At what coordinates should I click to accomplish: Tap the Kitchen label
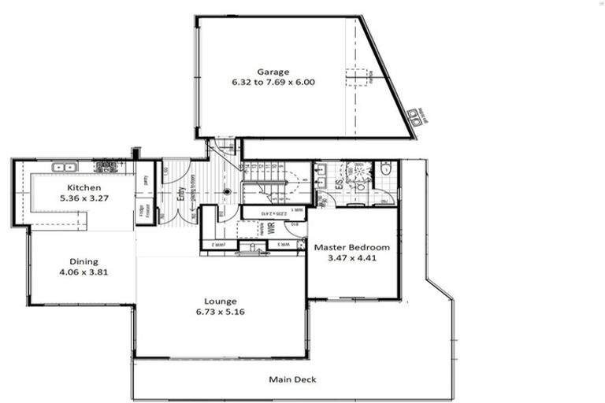(84, 187)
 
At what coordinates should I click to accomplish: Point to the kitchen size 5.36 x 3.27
(84, 198)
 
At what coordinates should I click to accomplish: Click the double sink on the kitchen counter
(64, 167)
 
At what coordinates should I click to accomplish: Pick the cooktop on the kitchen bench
(105, 167)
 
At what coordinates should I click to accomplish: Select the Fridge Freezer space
(144, 212)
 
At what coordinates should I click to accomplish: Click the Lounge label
(220, 301)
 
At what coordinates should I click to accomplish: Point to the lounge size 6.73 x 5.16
(220, 312)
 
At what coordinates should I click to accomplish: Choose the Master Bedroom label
(352, 247)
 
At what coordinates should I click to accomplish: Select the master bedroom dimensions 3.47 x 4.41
(352, 257)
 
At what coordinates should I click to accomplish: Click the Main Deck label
(292, 379)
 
